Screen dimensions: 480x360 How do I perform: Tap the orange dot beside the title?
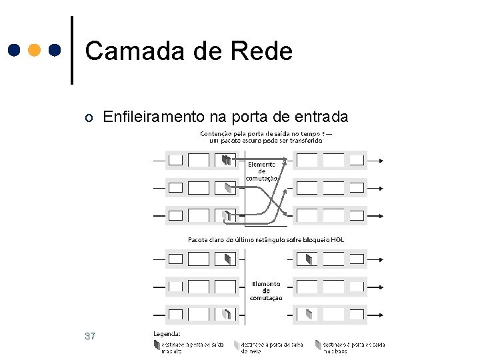(35, 51)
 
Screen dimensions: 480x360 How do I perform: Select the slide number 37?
(91, 336)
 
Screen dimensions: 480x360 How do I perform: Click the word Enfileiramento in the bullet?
(154, 117)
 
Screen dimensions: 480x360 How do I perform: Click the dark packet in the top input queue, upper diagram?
(227, 160)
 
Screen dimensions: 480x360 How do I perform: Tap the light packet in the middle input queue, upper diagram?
(228, 188)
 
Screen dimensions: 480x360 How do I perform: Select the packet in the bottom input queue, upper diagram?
(227, 215)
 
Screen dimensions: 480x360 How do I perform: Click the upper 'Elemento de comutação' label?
(261, 171)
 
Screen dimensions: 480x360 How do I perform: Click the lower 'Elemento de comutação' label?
(266, 291)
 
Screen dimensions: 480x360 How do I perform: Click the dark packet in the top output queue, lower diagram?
(308, 259)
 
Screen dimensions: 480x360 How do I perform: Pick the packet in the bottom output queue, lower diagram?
(309, 313)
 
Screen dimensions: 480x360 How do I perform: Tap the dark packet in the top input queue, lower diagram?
(228, 259)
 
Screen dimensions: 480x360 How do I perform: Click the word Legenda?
(167, 333)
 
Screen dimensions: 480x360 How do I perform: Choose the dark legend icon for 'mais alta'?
(157, 345)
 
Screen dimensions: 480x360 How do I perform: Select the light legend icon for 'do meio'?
(237, 345)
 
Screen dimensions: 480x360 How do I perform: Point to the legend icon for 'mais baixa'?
(319, 345)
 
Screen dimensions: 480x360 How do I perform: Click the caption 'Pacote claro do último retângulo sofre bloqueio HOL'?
(266, 239)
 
